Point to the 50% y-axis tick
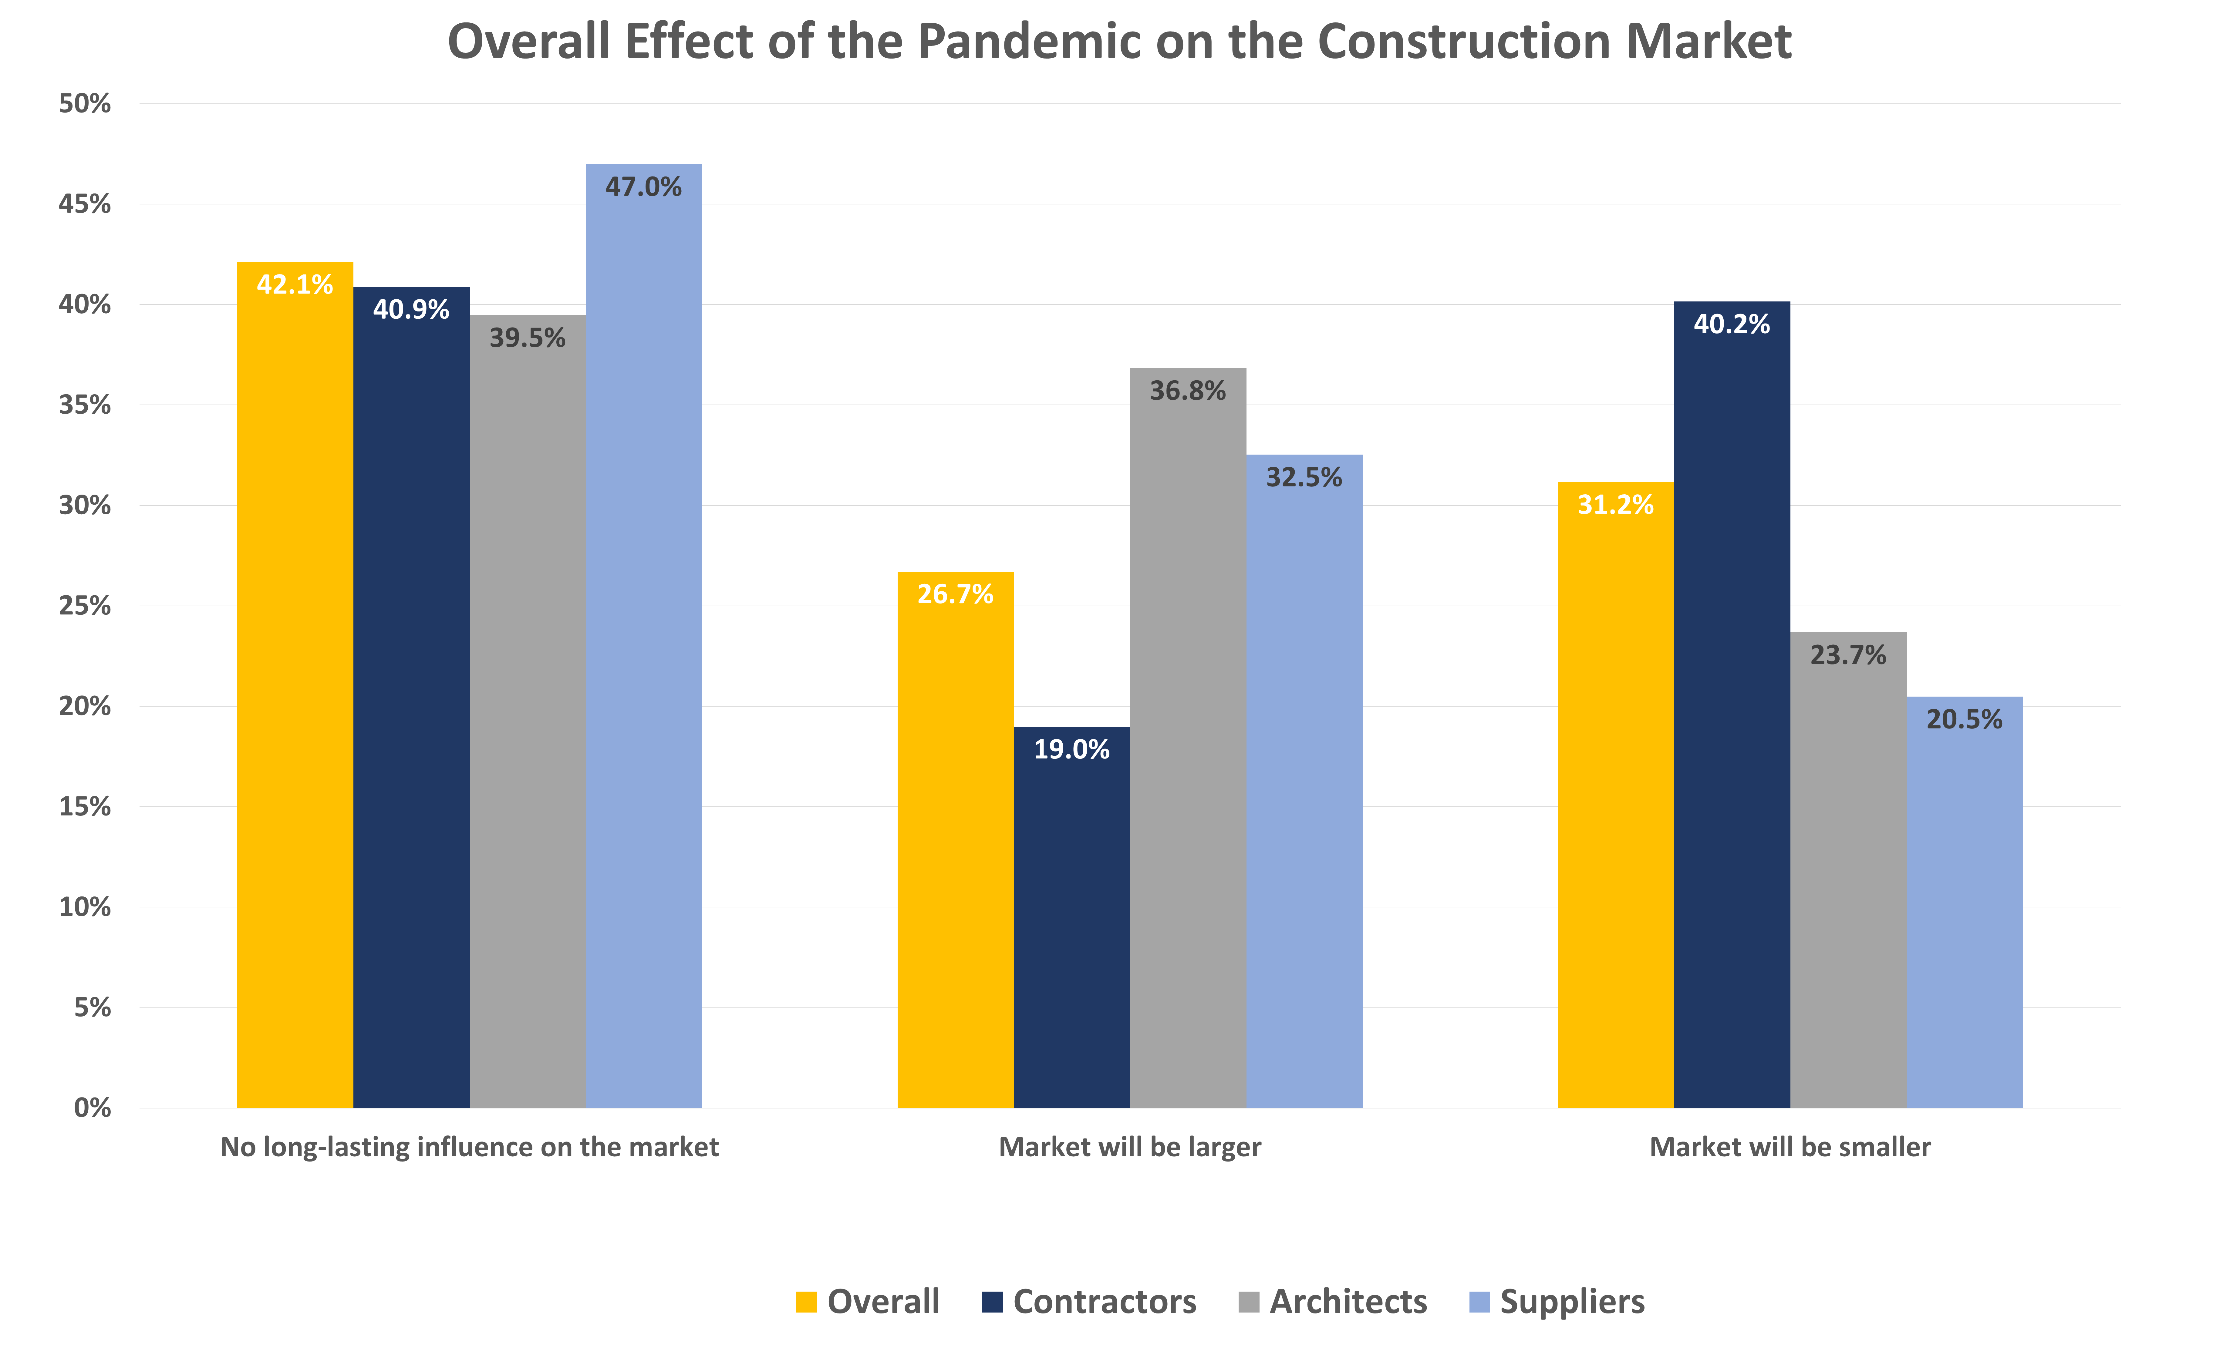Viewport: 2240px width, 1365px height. pyautogui.click(x=85, y=104)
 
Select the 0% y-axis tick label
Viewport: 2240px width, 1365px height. pyautogui.click(x=92, y=1108)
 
